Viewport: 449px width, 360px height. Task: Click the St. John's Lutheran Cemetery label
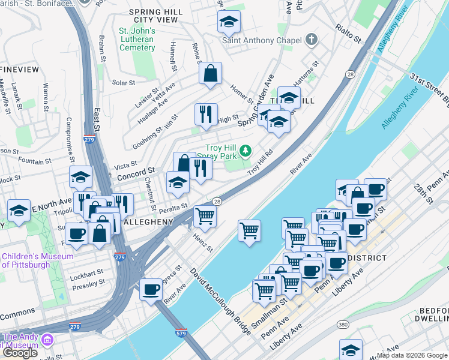[x=137, y=39]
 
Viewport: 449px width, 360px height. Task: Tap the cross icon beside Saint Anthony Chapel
[x=311, y=40]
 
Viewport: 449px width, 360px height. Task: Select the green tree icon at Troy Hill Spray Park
[x=245, y=149]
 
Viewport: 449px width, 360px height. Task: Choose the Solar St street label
[x=123, y=83]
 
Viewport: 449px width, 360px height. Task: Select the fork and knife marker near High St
[x=205, y=114]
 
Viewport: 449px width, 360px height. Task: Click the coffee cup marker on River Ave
[x=151, y=290]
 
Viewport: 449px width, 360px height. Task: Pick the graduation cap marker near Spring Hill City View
[x=228, y=22]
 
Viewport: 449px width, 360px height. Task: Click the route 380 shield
[x=343, y=325]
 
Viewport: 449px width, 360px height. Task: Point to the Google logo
[x=20, y=353]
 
